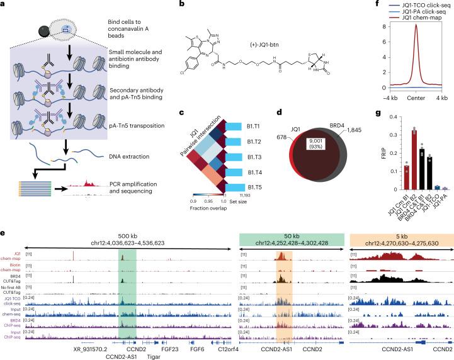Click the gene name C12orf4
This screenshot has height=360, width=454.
pos(211,346)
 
